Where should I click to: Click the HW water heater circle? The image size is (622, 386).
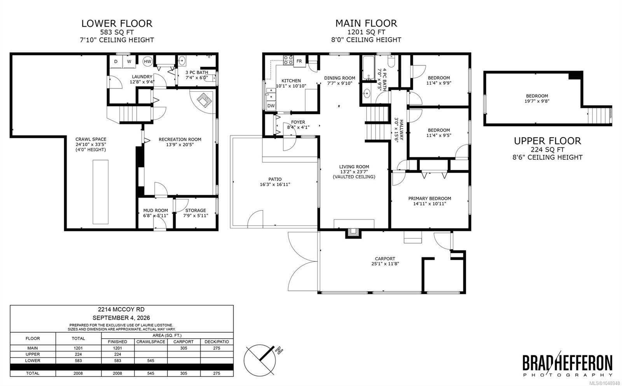pos(147,62)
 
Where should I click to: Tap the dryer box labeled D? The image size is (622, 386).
pos(116,62)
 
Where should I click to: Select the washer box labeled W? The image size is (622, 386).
pos(129,62)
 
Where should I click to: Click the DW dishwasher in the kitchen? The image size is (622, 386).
pos(271,106)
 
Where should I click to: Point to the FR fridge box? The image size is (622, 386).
pos(299,61)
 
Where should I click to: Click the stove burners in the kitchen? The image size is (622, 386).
pos(288,60)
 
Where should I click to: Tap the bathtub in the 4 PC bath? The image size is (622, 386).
pos(369,68)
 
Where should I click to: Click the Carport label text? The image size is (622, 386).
pos(385,259)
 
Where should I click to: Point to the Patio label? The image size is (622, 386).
pos(275,179)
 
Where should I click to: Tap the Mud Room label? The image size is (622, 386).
pos(155,210)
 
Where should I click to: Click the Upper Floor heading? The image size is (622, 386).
pos(547,141)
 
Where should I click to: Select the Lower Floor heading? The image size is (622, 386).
pos(117,24)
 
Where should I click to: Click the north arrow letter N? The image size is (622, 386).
pos(279,351)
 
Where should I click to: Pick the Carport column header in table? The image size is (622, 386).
pos(183,342)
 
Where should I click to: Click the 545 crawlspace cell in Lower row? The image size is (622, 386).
pos(151,361)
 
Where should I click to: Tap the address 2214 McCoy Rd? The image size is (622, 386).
pos(121,309)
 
